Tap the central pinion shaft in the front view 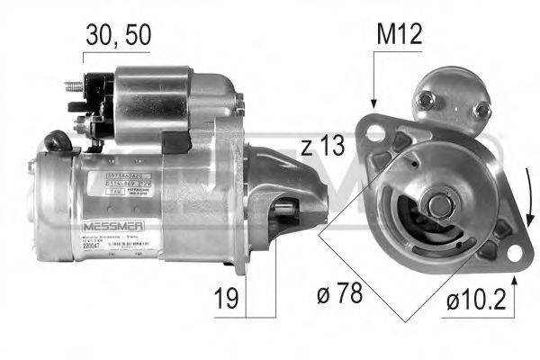pos(438,204)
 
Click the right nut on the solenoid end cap pos(482,110)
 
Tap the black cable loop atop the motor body pos(58,139)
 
